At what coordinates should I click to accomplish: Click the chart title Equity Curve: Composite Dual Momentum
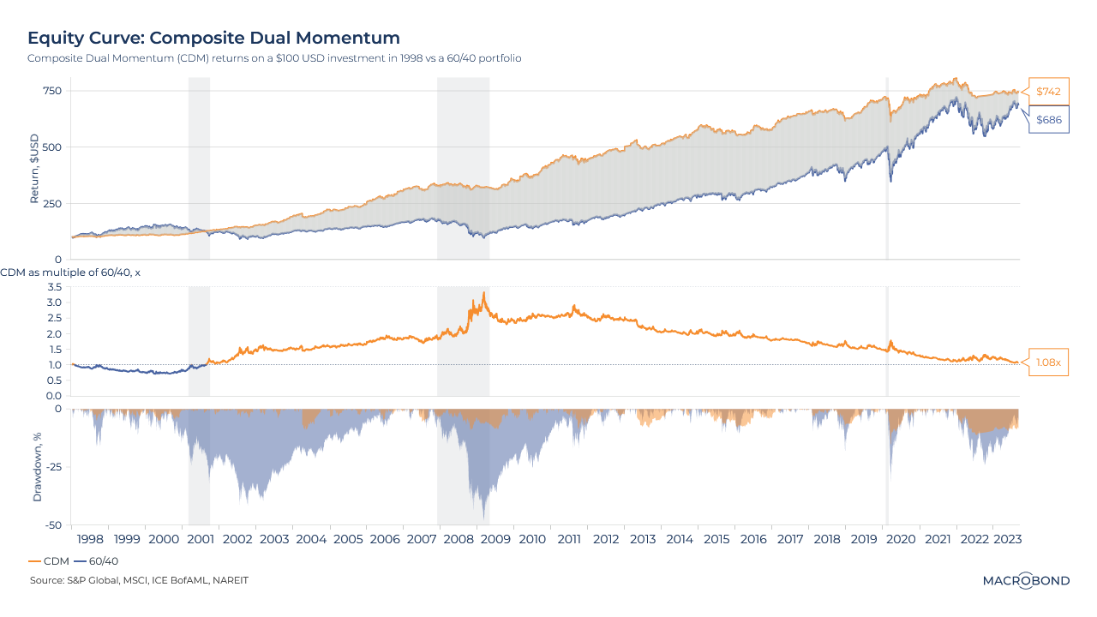(x=213, y=38)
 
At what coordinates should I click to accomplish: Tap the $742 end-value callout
(x=1048, y=91)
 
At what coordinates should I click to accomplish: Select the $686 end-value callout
(x=1048, y=120)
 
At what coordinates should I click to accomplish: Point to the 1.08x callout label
(x=1048, y=362)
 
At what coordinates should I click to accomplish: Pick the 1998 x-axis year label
(x=90, y=540)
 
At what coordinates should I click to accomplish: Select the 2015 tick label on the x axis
(x=716, y=540)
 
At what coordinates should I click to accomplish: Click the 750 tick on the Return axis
(x=53, y=91)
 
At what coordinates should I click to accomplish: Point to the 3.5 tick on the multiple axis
(x=55, y=287)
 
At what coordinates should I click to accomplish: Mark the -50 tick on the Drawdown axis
(x=53, y=525)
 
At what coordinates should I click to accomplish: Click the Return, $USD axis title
(x=35, y=168)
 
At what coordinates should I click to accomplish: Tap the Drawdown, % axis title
(x=37, y=467)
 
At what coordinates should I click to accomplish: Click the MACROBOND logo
(x=1026, y=580)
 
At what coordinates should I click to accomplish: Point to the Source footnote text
(x=139, y=580)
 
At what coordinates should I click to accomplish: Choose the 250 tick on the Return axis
(x=53, y=203)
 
